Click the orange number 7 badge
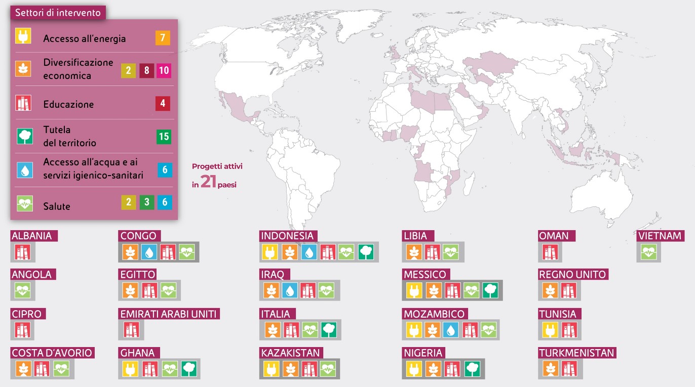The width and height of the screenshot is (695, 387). pyautogui.click(x=163, y=38)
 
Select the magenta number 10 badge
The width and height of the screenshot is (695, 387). pyautogui.click(x=164, y=70)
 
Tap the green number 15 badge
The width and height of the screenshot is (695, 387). pyautogui.click(x=164, y=137)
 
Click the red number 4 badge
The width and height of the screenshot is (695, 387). pyautogui.click(x=163, y=104)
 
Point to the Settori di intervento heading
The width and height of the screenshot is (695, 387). pyautogui.click(x=58, y=13)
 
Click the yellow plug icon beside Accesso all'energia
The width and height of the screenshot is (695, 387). pyautogui.click(x=23, y=37)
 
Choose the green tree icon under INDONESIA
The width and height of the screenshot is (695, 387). pyautogui.click(x=366, y=252)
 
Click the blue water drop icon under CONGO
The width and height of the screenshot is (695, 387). pyautogui.click(x=149, y=252)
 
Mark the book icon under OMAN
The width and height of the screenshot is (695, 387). pyautogui.click(x=550, y=252)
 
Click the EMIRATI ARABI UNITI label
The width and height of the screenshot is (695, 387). pyautogui.click(x=169, y=314)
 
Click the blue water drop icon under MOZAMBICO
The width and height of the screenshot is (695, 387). pyautogui.click(x=451, y=330)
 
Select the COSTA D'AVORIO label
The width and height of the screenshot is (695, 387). pyautogui.click(x=52, y=353)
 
